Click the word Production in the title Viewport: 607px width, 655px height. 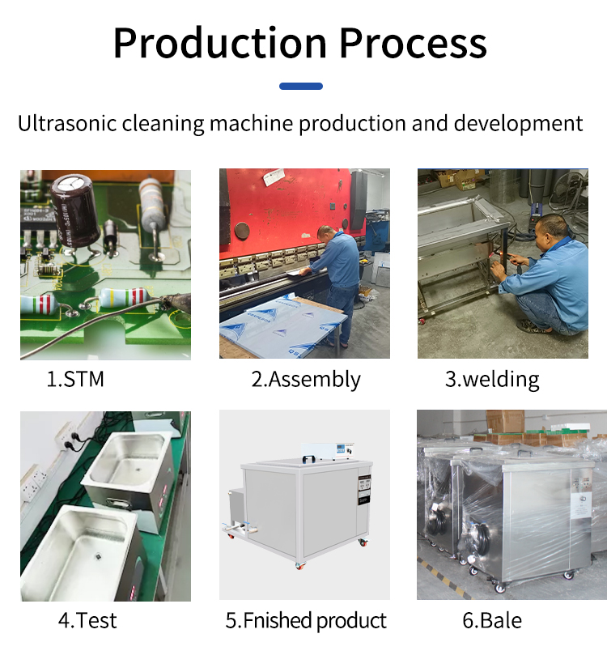click(x=220, y=43)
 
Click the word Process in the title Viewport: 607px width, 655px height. click(x=414, y=43)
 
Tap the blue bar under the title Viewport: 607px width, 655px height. click(x=301, y=86)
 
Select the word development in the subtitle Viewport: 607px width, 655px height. click(x=518, y=124)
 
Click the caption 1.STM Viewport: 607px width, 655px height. click(x=75, y=379)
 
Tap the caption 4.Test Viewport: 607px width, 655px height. click(x=87, y=620)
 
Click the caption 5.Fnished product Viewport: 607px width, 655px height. click(x=306, y=621)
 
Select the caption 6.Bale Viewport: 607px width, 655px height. click(x=492, y=621)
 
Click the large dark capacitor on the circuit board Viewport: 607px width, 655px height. click(x=75, y=211)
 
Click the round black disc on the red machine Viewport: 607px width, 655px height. click(x=242, y=230)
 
